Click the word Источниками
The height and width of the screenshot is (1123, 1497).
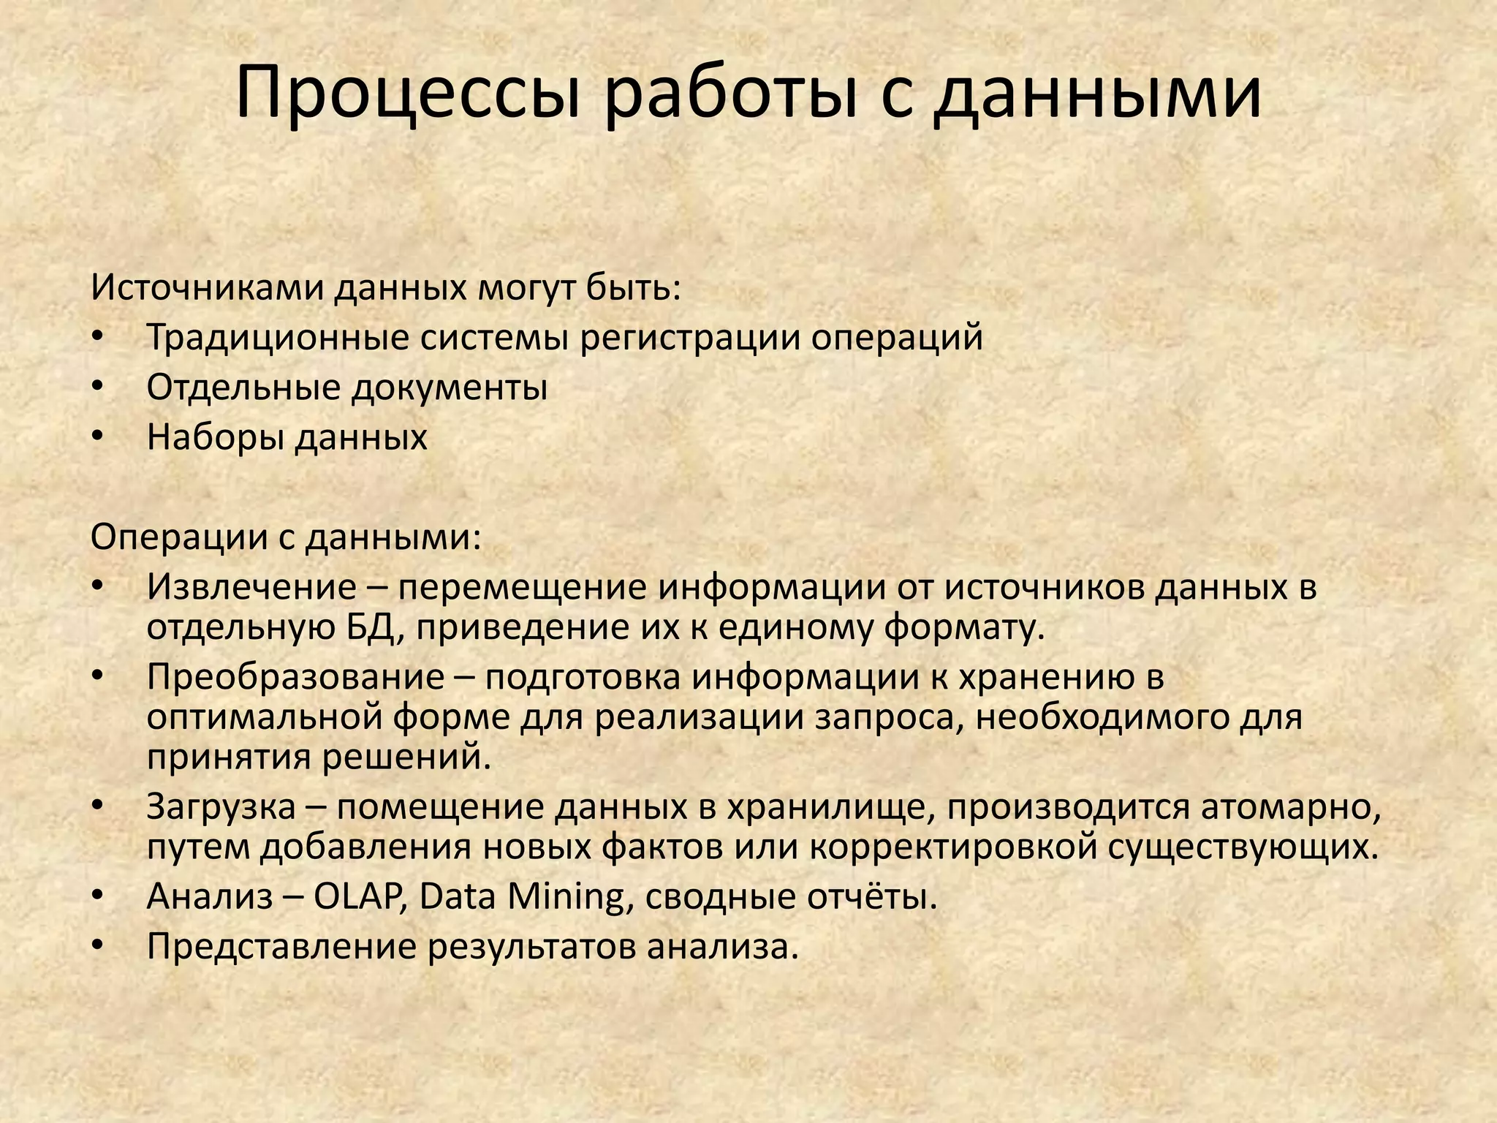coord(207,288)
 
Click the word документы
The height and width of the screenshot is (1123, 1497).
coord(449,387)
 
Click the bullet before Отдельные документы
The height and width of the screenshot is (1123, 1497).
coord(99,387)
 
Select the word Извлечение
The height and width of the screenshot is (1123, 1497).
coord(251,587)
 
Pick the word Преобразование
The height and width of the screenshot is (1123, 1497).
coord(295,677)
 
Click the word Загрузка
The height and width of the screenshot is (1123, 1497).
coord(221,806)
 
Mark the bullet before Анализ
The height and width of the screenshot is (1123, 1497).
coord(99,896)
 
